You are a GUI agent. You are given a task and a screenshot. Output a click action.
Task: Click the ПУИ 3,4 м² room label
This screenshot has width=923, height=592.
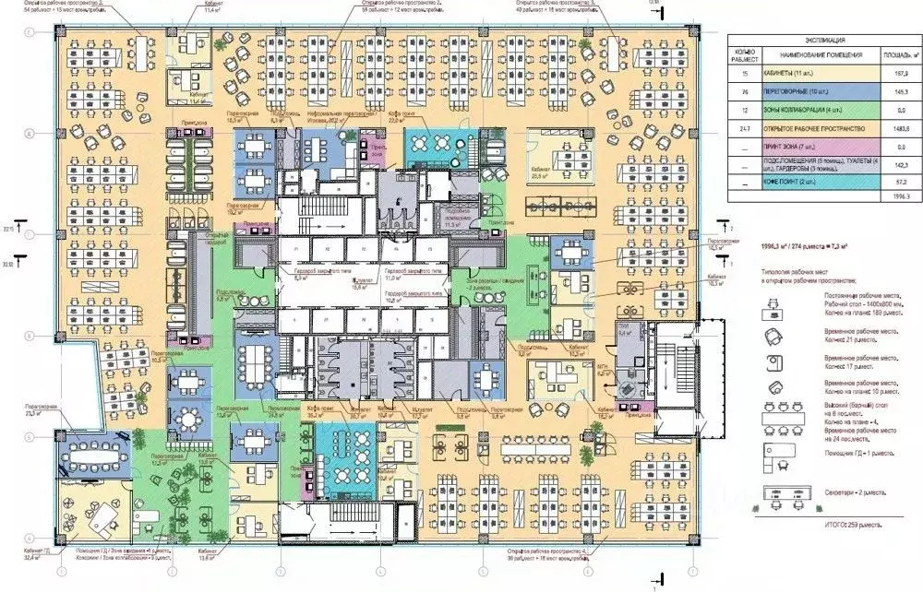coord(624,332)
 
